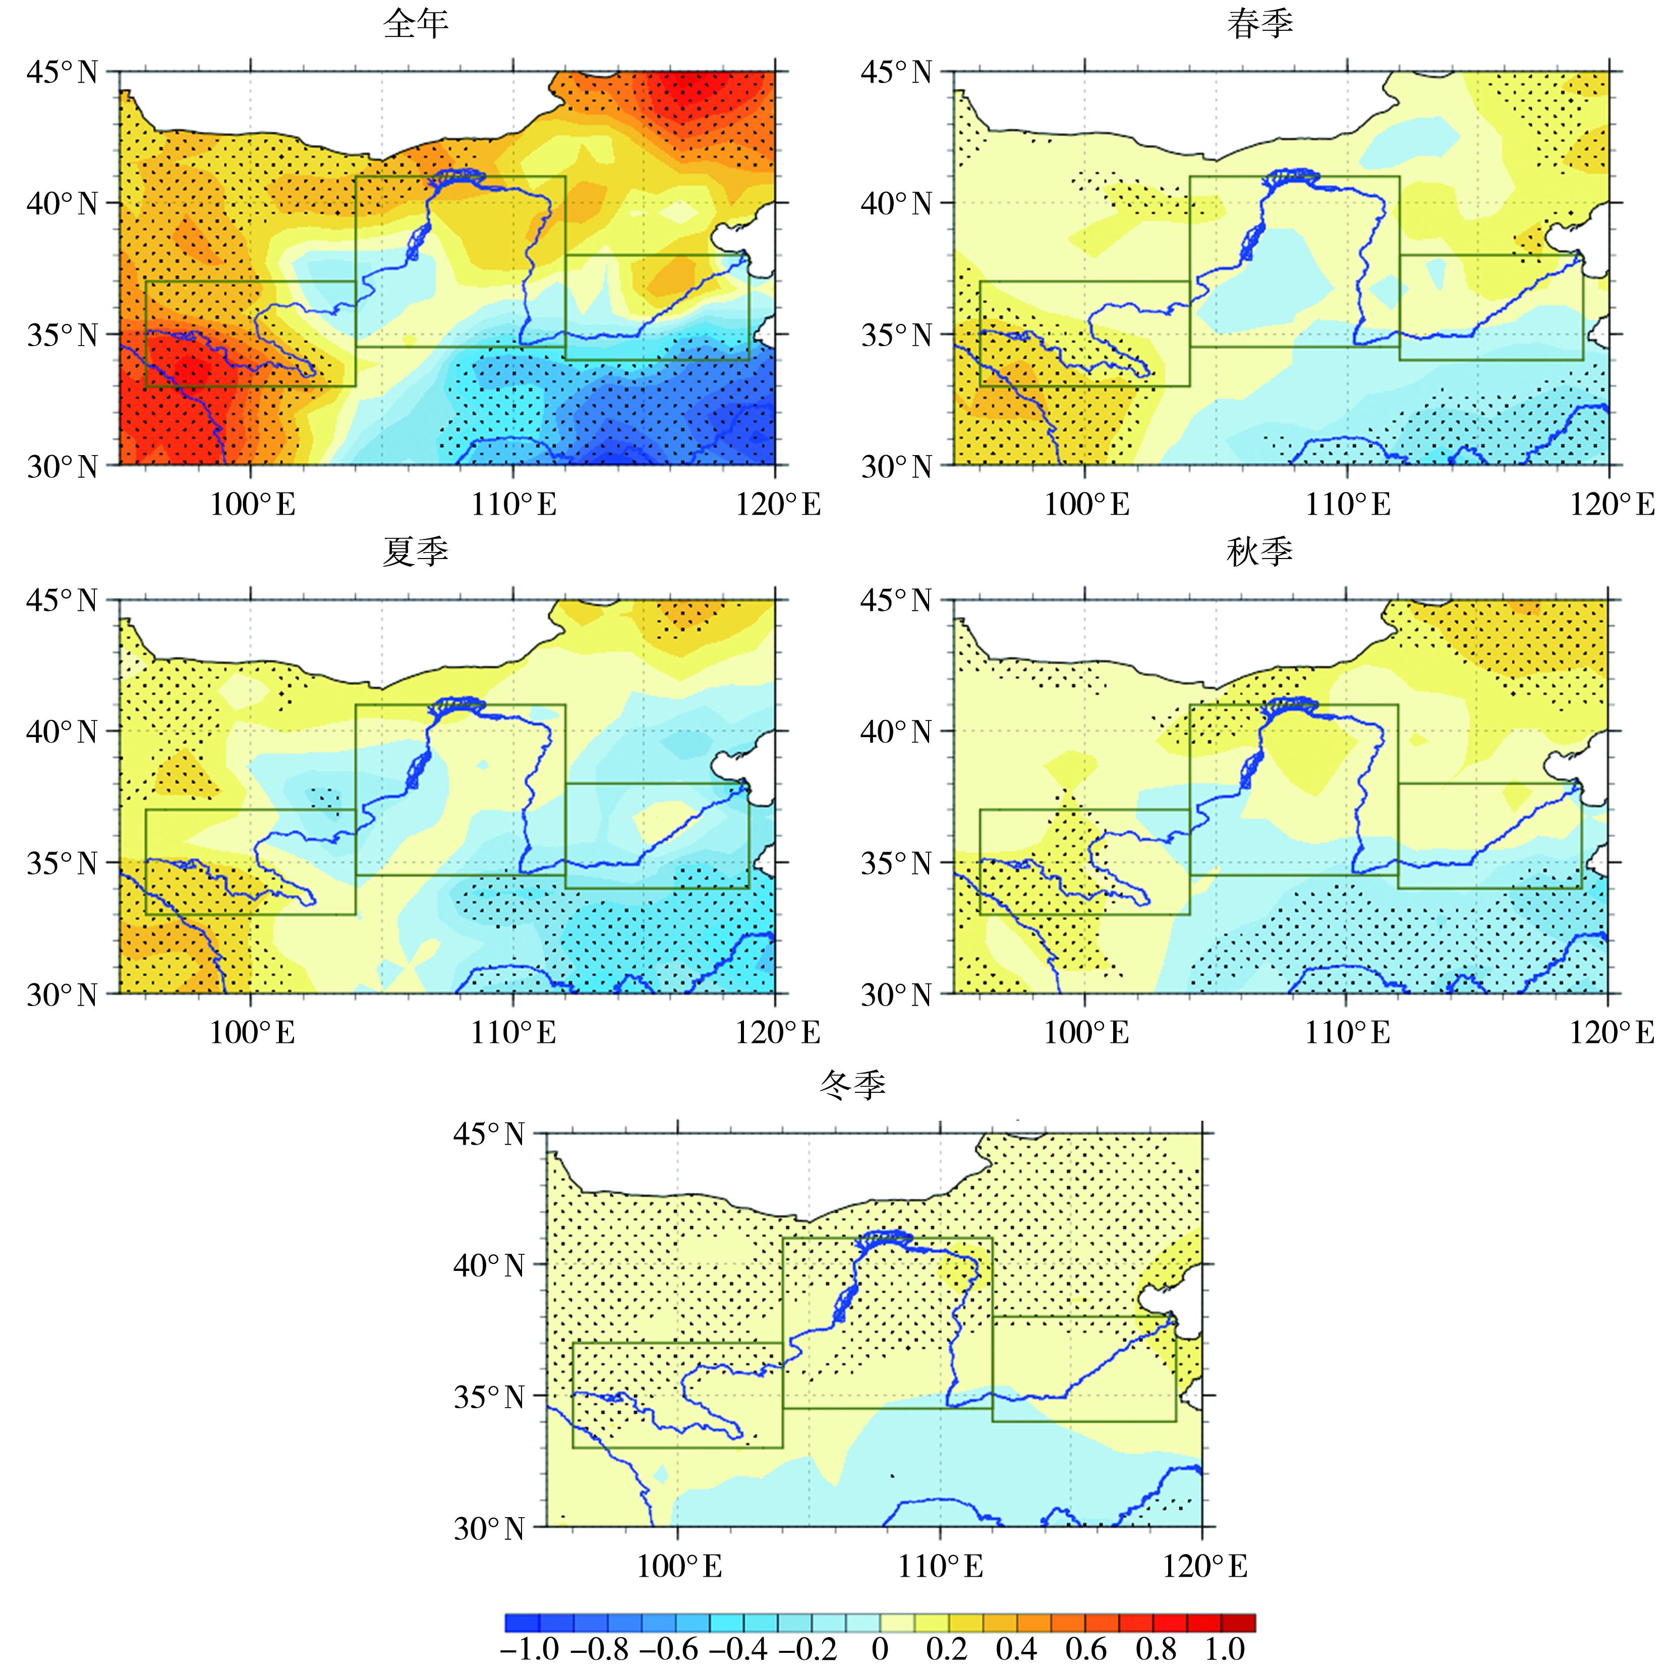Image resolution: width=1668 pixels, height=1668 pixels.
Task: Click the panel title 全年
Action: coord(416,23)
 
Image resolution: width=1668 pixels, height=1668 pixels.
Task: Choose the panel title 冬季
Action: coord(852,1085)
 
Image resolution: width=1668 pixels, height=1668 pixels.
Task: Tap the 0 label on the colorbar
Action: coord(880,1648)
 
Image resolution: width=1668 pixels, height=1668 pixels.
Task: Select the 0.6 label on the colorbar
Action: coord(1085,1648)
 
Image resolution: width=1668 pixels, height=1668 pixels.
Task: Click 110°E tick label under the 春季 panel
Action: coord(1348,505)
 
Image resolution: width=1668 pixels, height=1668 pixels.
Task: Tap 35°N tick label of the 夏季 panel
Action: coord(62,863)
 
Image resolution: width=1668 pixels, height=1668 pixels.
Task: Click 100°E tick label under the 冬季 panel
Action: coord(679,1566)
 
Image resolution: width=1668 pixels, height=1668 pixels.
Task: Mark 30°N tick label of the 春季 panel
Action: coord(897,467)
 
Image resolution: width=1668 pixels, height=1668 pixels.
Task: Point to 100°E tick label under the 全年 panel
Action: coord(252,505)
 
